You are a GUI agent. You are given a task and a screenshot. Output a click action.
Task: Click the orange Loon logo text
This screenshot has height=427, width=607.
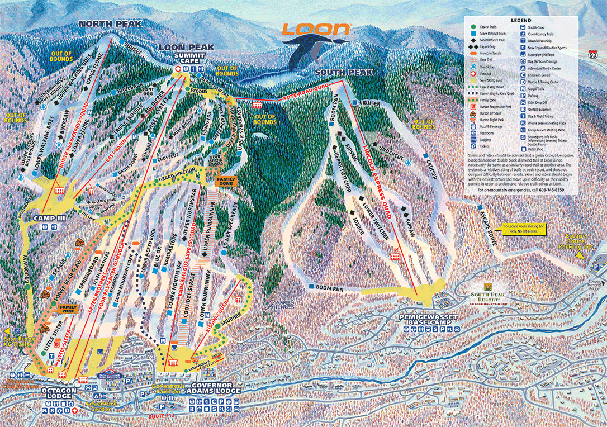click(x=316, y=30)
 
